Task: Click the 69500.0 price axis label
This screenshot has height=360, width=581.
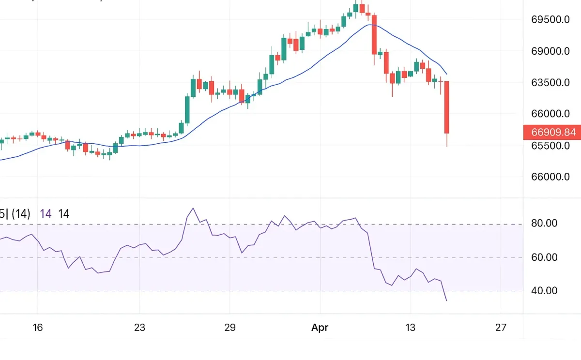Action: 550,20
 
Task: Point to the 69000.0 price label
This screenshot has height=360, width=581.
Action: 550,51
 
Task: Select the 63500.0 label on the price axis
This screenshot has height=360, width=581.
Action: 550,83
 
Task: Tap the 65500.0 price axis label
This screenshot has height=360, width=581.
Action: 550,146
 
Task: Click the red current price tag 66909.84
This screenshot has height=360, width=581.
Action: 552,132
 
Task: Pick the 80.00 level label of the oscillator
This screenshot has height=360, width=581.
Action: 545,224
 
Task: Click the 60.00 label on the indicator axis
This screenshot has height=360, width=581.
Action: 545,257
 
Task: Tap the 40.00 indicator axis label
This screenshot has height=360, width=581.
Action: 545,291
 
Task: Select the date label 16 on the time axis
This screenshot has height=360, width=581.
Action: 38,328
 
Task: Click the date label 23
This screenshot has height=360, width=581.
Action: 139,328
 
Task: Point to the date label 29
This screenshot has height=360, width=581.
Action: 230,328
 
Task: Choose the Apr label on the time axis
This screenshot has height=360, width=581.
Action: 320,328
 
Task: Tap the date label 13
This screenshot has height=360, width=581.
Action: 410,328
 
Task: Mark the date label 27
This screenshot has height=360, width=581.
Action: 501,328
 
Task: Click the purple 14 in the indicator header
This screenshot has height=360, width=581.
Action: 46,214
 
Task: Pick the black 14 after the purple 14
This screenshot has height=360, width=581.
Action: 63,214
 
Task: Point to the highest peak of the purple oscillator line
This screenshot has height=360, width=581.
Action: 193,209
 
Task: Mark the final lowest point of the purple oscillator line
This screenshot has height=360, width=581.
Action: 446,301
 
